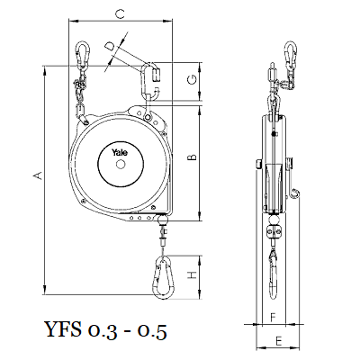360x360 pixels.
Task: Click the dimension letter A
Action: click(x=38, y=175)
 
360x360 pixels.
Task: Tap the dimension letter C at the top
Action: click(x=120, y=13)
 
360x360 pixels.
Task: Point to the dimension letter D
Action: click(x=110, y=47)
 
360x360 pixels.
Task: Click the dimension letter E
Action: click(x=279, y=341)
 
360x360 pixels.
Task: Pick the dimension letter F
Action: click(x=273, y=318)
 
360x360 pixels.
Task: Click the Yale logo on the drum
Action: click(x=120, y=152)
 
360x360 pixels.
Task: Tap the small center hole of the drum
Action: click(x=121, y=164)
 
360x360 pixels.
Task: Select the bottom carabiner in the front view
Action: click(x=164, y=278)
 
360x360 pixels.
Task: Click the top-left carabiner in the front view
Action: click(x=83, y=53)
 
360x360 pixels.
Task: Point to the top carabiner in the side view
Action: click(x=291, y=53)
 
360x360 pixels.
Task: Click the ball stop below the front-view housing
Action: click(x=163, y=220)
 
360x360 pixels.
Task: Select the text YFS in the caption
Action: click(x=63, y=329)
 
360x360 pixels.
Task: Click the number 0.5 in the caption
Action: click(x=152, y=332)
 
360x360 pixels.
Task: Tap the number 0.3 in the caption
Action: click(x=102, y=332)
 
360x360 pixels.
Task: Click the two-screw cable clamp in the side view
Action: click(x=274, y=232)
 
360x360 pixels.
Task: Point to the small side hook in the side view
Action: click(x=295, y=193)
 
